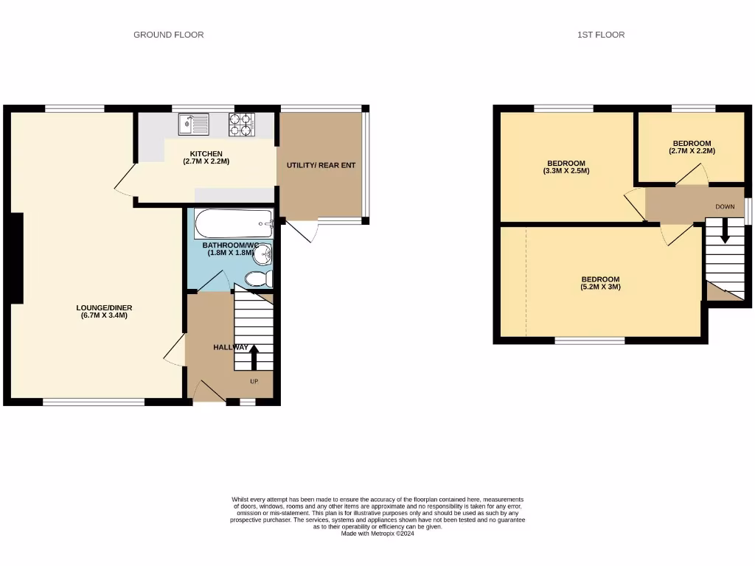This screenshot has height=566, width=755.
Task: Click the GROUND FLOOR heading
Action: (x=168, y=35)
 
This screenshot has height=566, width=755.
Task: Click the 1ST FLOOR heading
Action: (x=601, y=35)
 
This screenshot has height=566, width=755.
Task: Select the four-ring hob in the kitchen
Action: (x=241, y=125)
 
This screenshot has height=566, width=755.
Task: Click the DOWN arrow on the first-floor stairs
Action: (x=725, y=230)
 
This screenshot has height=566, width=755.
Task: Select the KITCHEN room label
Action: (x=206, y=153)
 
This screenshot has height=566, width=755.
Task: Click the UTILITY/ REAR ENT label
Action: (x=321, y=165)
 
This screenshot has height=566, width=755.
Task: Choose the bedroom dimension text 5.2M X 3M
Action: (x=600, y=287)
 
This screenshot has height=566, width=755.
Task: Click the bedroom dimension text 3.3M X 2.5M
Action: (x=566, y=171)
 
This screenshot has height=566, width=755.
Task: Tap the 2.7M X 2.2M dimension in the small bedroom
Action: (x=692, y=151)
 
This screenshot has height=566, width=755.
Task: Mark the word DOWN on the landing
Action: (x=725, y=207)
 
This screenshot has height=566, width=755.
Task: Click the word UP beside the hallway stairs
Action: (x=254, y=381)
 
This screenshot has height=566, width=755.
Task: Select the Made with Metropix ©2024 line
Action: (x=377, y=534)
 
